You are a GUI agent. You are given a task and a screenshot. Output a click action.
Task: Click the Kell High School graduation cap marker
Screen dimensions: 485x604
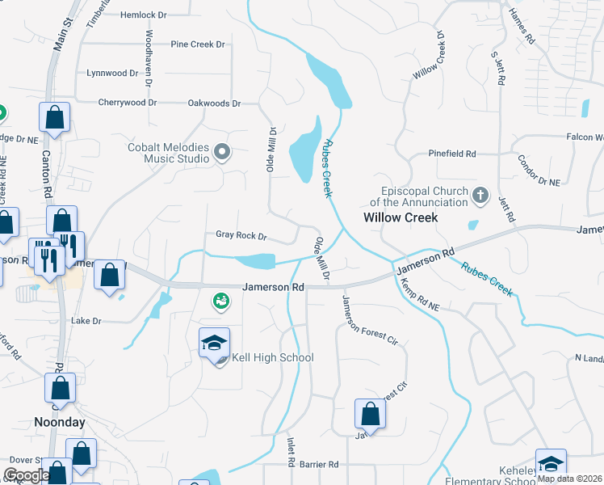[214, 344]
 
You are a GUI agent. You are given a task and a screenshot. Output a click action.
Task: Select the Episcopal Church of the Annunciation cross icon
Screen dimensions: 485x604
[480, 195]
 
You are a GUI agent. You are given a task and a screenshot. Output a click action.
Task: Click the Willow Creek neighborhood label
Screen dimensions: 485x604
[401, 217]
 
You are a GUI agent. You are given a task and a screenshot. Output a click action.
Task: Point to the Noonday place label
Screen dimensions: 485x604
[59, 422]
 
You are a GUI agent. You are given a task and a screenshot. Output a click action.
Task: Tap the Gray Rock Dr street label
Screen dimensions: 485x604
[241, 236]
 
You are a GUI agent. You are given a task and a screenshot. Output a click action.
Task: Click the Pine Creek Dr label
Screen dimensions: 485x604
[198, 44]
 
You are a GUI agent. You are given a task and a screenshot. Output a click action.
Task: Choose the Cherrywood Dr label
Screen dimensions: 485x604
[127, 103]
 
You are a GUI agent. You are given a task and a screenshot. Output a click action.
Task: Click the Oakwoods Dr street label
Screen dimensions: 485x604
[214, 103]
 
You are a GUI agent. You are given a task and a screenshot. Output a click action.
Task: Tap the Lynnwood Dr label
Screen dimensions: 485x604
[112, 73]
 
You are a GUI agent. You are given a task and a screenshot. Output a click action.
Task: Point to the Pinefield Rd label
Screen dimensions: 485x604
[453, 154]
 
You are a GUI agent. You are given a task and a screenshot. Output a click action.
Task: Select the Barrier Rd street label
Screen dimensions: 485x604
[319, 465]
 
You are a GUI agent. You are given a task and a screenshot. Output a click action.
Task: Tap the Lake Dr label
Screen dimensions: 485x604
[86, 321]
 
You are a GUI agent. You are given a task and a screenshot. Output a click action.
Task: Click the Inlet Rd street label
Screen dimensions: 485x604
[291, 452]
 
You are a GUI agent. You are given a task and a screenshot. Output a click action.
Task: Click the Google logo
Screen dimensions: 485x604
[26, 475]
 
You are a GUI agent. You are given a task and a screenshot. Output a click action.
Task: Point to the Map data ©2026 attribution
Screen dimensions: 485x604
[569, 479]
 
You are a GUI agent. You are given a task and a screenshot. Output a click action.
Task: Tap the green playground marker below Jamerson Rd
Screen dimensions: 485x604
[220, 302]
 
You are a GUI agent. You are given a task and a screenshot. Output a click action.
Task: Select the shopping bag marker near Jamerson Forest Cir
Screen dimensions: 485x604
[369, 414]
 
